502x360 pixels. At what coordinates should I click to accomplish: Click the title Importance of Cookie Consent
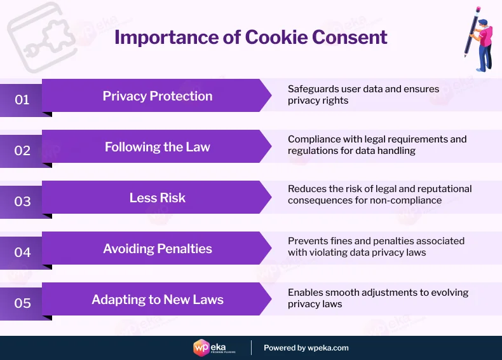point(251,37)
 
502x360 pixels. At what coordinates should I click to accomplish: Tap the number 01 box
point(22,100)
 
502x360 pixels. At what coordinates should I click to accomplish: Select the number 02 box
point(22,151)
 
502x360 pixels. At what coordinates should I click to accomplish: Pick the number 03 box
point(22,202)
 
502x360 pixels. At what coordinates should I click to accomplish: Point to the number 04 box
point(22,253)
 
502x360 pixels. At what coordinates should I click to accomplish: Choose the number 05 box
point(22,303)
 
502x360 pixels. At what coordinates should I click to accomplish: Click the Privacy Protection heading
point(158,96)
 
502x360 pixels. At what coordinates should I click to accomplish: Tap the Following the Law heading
point(158,147)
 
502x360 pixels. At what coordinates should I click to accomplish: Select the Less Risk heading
point(158,198)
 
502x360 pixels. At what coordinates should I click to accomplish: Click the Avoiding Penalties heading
point(158,249)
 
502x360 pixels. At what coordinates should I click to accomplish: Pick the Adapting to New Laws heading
point(158,300)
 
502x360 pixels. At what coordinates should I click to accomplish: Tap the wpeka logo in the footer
point(217,347)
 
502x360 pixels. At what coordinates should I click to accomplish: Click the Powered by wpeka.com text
point(306,348)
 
